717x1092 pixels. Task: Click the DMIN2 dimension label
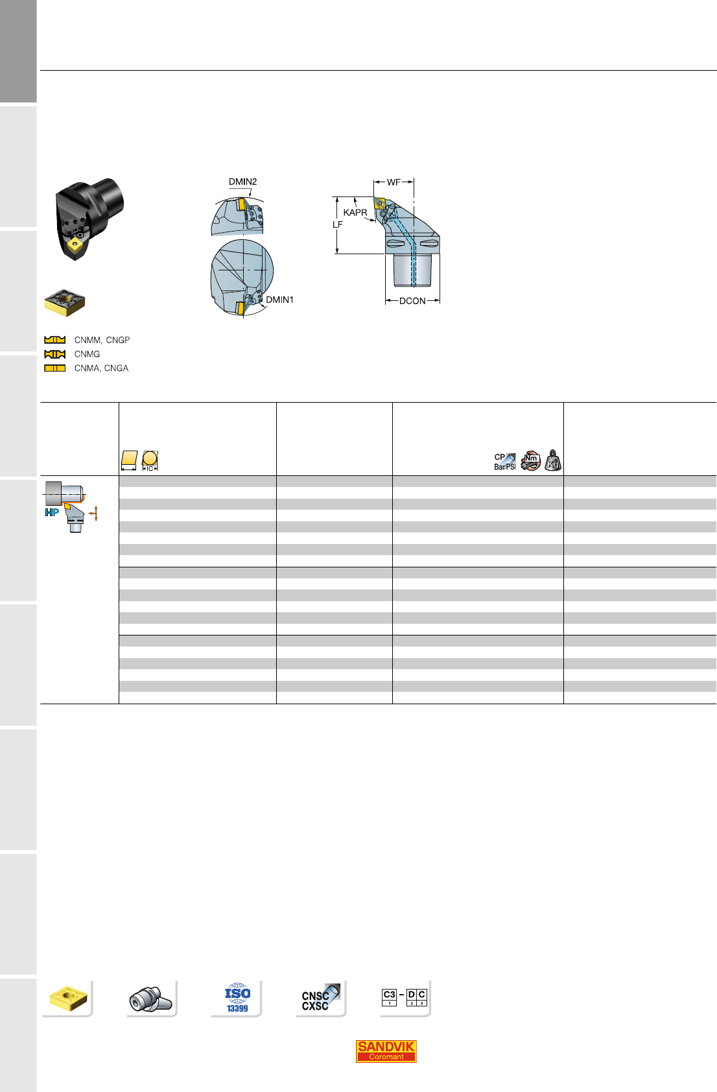pos(242,182)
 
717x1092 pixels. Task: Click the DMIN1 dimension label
pos(280,300)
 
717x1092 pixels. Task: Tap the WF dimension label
pos(394,182)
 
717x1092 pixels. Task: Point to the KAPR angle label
pos(355,213)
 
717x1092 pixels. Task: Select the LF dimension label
pos(337,225)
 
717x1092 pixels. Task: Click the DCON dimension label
pos(412,302)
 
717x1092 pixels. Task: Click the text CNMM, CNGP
pos(102,340)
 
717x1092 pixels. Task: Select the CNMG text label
pos(87,354)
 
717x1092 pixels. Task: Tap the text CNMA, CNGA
pos(101,368)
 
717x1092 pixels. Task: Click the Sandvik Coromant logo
pos(386,1051)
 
